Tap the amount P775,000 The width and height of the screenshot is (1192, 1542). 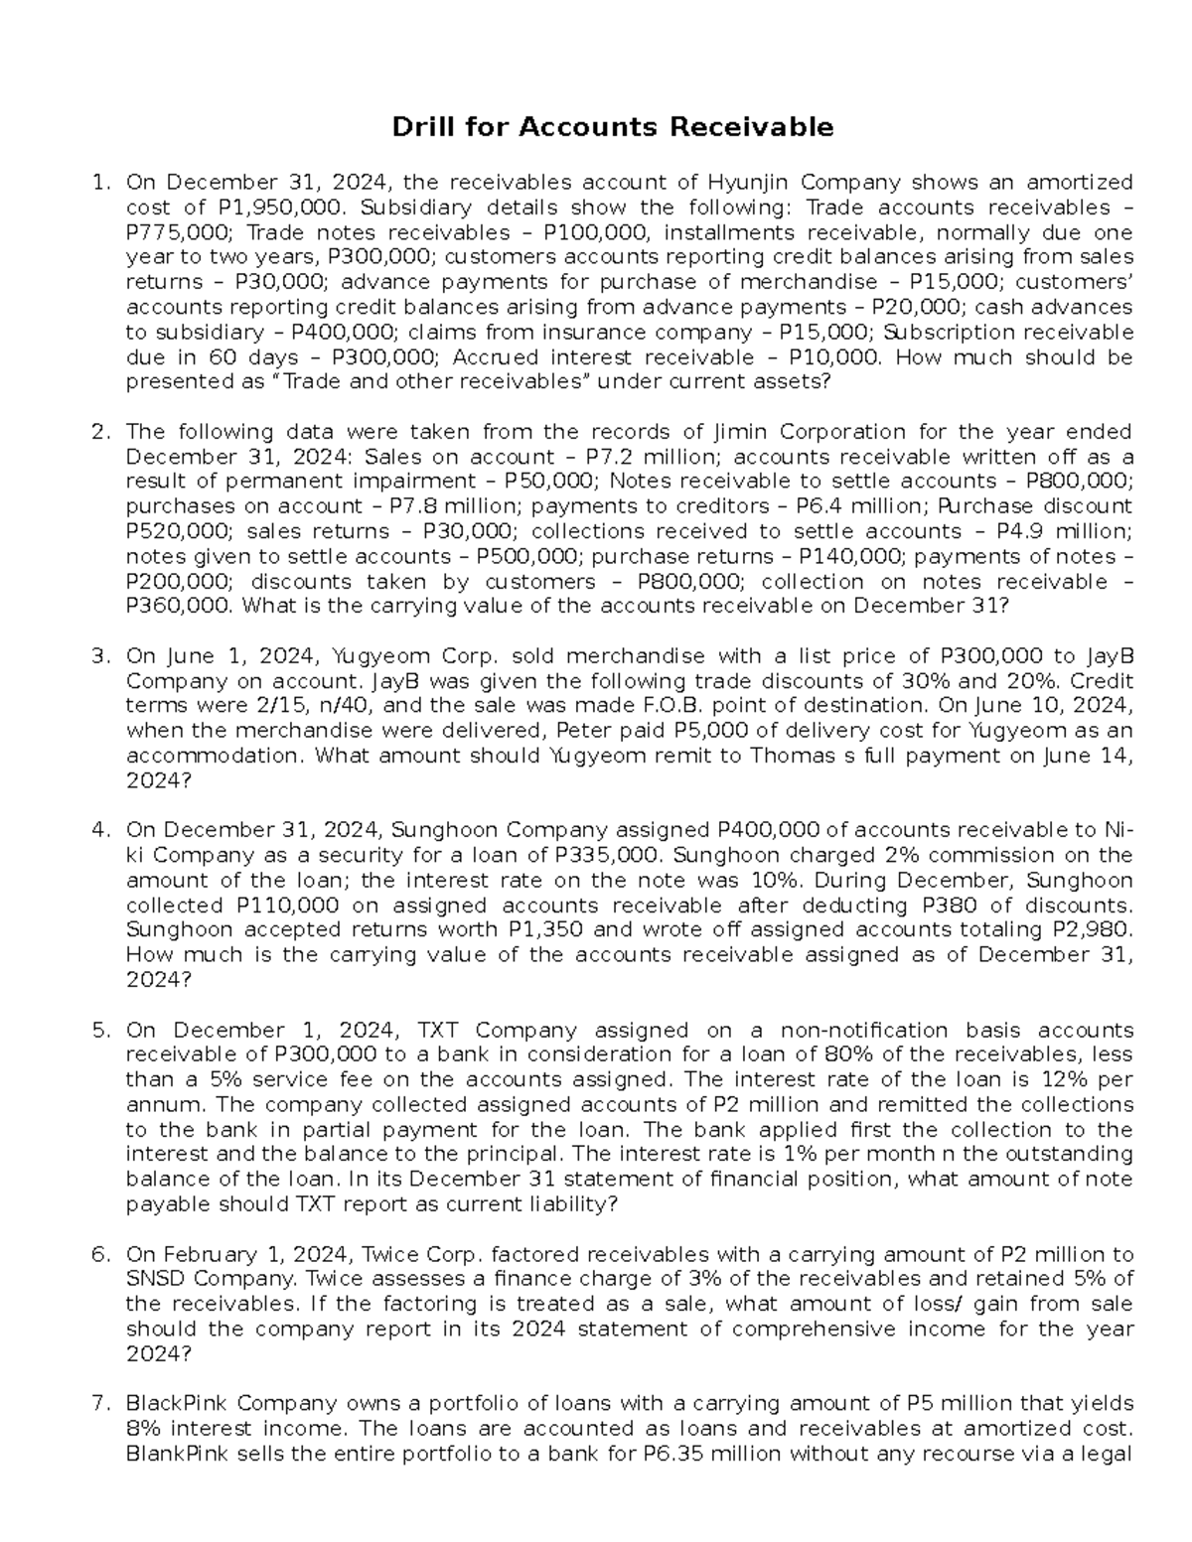(176, 232)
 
